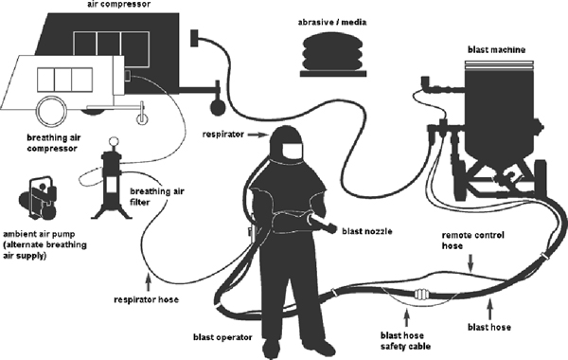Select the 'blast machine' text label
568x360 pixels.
(496, 49)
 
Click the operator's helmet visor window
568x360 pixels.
(292, 151)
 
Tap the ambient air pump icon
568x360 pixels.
(38, 198)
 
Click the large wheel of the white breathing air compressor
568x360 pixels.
(52, 111)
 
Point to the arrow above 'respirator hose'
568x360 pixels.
(148, 283)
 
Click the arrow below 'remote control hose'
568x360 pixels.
(470, 262)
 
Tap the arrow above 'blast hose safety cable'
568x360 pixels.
(407, 317)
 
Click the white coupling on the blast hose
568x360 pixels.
(421, 295)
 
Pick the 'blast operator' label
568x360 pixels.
(222, 337)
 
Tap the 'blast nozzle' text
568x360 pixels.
(367, 231)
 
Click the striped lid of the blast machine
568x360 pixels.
(500, 64)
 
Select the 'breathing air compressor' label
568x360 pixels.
(54, 143)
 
